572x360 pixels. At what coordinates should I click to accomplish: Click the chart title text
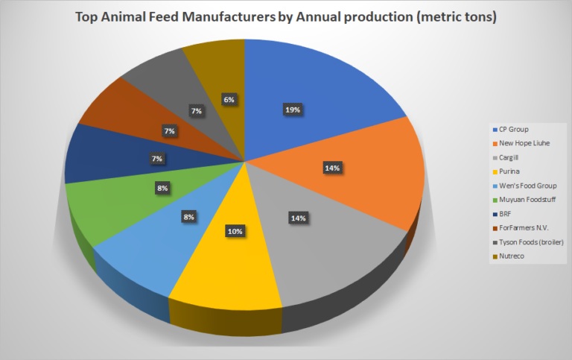pos(286,16)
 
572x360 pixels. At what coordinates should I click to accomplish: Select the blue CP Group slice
pos(313,89)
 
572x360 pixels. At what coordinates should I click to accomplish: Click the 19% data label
pos(292,110)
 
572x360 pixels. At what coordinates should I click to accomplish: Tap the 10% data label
pos(235,231)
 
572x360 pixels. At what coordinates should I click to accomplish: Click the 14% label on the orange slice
pos(332,168)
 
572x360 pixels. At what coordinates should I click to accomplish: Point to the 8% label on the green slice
pos(162,189)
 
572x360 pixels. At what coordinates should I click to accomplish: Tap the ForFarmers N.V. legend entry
pos(519,228)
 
